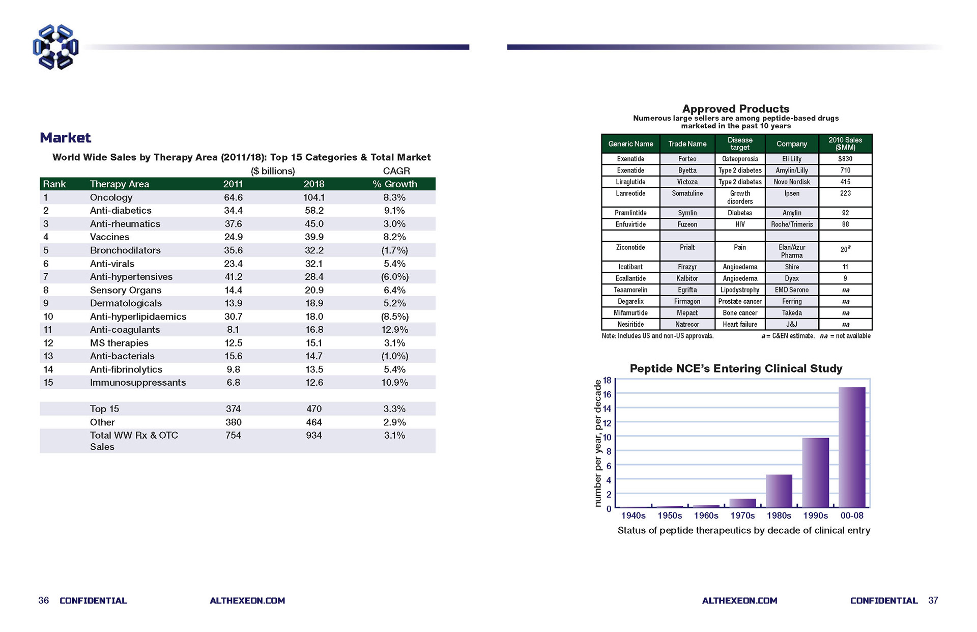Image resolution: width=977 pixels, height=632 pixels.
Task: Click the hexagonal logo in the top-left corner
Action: pyautogui.click(x=55, y=47)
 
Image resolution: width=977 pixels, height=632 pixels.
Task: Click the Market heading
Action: pyautogui.click(x=65, y=138)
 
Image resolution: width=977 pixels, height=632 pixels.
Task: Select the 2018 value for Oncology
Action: pyautogui.click(x=314, y=197)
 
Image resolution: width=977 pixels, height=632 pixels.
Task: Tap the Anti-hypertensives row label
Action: pyautogui.click(x=131, y=277)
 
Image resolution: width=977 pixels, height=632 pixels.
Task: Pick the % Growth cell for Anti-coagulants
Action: pyautogui.click(x=395, y=330)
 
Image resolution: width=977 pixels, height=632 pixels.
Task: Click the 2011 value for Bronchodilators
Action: pyautogui.click(x=233, y=250)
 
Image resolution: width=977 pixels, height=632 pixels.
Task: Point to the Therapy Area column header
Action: pyautogui.click(x=120, y=184)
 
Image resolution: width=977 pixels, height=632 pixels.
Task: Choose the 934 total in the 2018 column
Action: pyautogui.click(x=314, y=436)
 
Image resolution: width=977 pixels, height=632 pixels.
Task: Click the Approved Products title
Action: pyautogui.click(x=736, y=109)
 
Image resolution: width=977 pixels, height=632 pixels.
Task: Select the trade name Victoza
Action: pyautogui.click(x=687, y=182)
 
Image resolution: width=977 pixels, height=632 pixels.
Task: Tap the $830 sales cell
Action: pyautogui.click(x=845, y=159)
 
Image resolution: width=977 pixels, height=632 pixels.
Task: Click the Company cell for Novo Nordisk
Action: pyautogui.click(x=792, y=182)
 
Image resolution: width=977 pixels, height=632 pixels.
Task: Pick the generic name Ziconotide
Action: pyautogui.click(x=630, y=247)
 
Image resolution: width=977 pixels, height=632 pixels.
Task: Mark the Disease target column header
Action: pyautogui.click(x=740, y=143)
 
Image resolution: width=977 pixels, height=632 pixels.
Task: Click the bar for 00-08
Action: pyautogui.click(x=852, y=447)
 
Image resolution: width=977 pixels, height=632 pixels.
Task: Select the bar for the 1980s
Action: pyautogui.click(x=779, y=491)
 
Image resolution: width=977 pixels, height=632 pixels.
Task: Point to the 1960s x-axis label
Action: pyautogui.click(x=706, y=515)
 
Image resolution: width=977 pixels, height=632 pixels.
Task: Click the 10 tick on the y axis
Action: pyautogui.click(x=607, y=437)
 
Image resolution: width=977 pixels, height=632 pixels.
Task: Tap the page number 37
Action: pyautogui.click(x=933, y=600)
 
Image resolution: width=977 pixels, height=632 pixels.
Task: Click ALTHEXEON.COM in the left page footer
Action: pyautogui.click(x=247, y=600)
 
